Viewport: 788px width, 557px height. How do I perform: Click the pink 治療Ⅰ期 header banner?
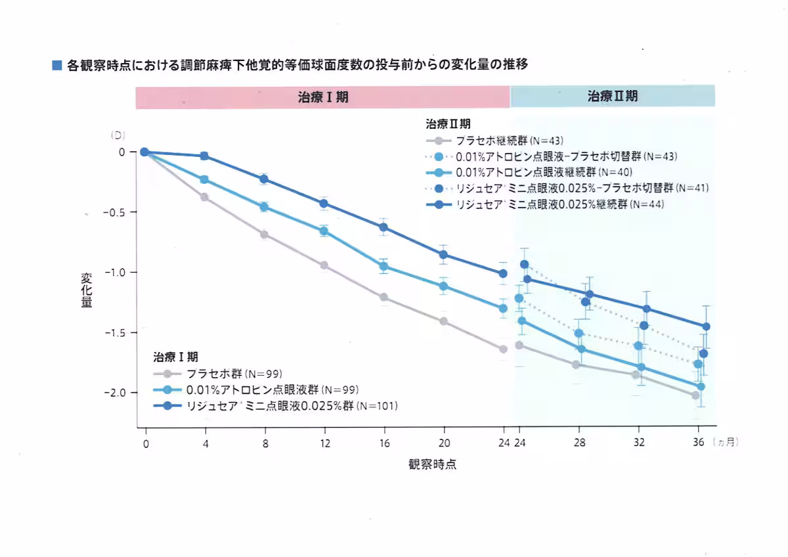[x=322, y=97]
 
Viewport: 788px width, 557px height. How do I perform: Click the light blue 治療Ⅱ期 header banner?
[x=612, y=97]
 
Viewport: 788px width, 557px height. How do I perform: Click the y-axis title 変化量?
[x=87, y=291]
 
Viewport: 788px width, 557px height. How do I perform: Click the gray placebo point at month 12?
[x=324, y=265]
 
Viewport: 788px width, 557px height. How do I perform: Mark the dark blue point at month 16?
[x=383, y=227]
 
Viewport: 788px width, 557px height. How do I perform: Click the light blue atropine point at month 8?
[x=264, y=207]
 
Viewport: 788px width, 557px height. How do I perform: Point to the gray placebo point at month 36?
[x=695, y=395]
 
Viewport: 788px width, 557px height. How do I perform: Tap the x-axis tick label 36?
[x=699, y=443]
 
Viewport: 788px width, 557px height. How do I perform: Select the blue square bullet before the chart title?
[x=57, y=66]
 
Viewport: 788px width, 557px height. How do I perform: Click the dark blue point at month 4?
[x=204, y=156]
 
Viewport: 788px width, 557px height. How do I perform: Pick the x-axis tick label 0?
[x=145, y=443]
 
